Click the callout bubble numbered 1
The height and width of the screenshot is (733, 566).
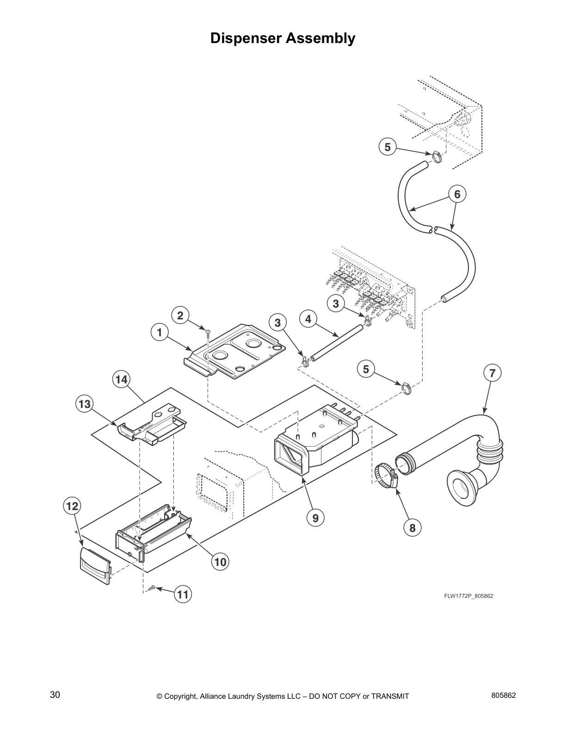click(x=160, y=332)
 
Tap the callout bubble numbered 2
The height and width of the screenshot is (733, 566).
click(x=180, y=316)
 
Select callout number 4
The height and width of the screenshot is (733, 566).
click(x=308, y=319)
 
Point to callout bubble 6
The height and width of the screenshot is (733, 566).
click(x=457, y=194)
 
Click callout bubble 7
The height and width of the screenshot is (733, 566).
click(x=492, y=373)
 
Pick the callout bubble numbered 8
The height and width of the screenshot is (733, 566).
click(x=412, y=528)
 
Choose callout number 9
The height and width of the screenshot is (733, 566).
click(x=315, y=518)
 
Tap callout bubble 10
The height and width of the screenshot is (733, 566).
click(x=221, y=562)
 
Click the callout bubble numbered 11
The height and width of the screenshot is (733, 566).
click(x=183, y=594)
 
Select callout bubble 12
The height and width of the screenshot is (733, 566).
click(x=72, y=506)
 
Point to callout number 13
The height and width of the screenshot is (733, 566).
click(x=84, y=404)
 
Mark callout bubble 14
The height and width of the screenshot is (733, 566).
click(x=121, y=379)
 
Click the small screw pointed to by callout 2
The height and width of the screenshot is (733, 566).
click(x=208, y=331)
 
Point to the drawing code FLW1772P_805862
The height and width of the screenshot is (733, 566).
click(x=468, y=596)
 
